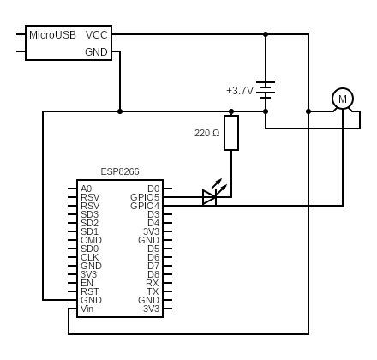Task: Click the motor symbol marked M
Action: coord(343,99)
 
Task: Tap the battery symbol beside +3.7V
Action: coord(266,88)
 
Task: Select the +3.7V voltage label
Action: coord(239,90)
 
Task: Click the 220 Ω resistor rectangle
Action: coord(231,133)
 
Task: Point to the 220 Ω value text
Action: coord(206,133)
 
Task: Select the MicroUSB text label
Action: coord(52,35)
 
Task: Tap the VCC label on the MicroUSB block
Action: coord(97,35)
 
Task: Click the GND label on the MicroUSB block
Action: coord(96,52)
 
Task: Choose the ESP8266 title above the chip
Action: coord(120,171)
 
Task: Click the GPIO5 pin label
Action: coord(145,197)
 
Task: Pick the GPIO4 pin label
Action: coord(145,206)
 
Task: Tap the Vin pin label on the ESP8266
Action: coord(87,309)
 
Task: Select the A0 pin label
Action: coord(86,189)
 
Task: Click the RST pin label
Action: coord(89,291)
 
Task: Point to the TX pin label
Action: coord(153,291)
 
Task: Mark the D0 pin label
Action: coord(153,189)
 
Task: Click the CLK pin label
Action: coord(89,257)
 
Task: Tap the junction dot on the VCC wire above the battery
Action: coord(266,34)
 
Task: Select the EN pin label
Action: coord(87,283)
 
